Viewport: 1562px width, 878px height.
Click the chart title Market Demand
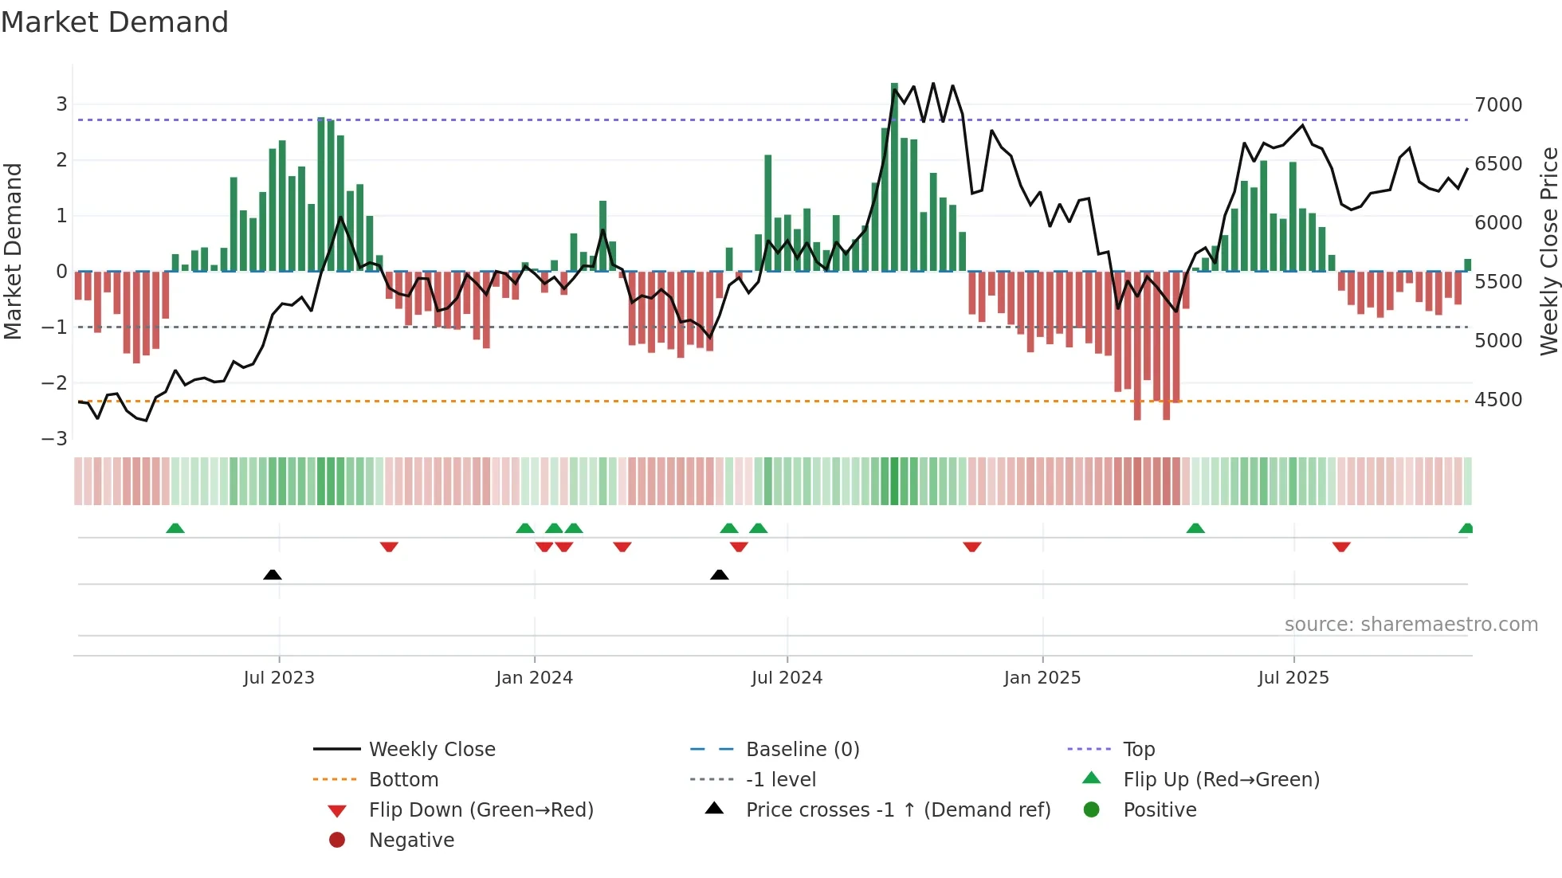point(115,22)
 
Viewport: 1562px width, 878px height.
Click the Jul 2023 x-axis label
point(279,678)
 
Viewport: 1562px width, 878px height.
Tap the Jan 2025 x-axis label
point(1042,678)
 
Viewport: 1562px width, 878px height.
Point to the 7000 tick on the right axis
point(1497,105)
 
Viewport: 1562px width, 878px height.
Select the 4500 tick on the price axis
point(1497,400)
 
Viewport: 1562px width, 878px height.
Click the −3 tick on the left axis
point(54,439)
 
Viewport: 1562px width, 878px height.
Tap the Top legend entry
point(1138,750)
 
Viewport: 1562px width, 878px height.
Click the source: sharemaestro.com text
point(1411,625)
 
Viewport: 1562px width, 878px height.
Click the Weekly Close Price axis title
point(1548,251)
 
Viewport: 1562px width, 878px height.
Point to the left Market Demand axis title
point(13,251)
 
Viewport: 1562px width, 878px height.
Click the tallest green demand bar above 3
point(894,175)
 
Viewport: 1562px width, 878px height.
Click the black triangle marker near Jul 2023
point(273,574)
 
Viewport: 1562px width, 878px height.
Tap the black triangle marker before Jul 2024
point(719,574)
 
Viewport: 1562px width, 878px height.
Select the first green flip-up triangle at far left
point(175,528)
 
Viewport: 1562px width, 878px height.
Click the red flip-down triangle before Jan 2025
point(971,547)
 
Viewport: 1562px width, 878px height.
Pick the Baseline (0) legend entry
point(802,750)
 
